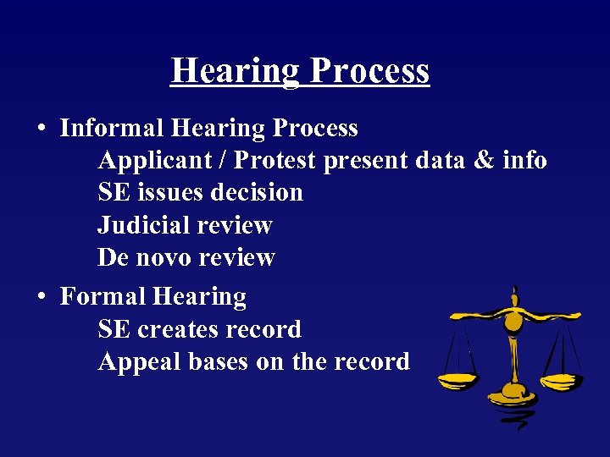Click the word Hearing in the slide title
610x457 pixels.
(235, 71)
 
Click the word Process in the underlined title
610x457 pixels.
(369, 71)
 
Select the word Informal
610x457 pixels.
(112, 129)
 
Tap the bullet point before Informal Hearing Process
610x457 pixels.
(41, 129)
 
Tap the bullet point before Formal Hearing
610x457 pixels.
(41, 297)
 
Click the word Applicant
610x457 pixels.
(154, 161)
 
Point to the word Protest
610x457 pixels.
(274, 161)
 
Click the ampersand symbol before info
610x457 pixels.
(481, 161)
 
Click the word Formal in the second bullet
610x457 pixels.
(103, 297)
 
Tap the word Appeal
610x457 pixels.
(140, 362)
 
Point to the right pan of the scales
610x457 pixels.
(561, 381)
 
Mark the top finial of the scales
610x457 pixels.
(513, 293)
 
